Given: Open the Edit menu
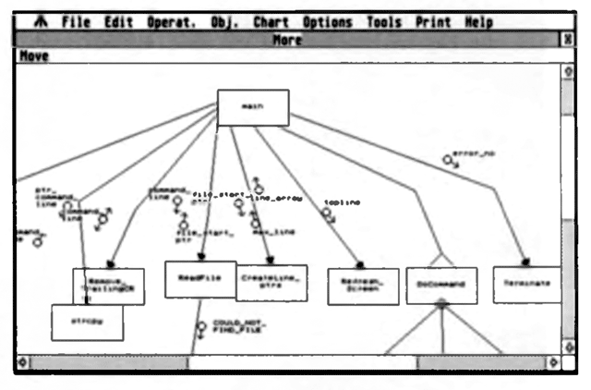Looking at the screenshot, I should (119, 21).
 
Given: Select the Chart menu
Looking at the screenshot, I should (271, 21).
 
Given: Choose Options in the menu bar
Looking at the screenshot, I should (328, 21).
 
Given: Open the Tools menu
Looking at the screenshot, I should (387, 21).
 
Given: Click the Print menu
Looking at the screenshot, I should (434, 21).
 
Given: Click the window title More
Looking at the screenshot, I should (288, 40).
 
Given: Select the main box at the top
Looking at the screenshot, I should (252, 107).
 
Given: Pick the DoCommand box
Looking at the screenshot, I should (441, 285).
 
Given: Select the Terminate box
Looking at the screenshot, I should (527, 284).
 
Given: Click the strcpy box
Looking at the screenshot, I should (87, 322).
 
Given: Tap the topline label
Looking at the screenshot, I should (342, 201).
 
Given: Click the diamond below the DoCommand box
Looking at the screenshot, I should (441, 304).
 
